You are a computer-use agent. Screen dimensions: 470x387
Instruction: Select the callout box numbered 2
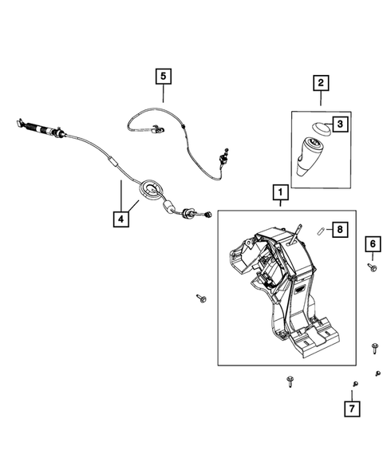[321, 82]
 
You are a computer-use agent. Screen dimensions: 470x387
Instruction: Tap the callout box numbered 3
[338, 124]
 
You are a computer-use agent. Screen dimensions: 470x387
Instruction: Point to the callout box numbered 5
[164, 77]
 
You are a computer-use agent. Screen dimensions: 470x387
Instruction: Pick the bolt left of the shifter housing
[200, 298]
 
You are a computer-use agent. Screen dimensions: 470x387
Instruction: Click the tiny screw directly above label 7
[354, 385]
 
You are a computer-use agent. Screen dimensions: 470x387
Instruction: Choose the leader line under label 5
[164, 95]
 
